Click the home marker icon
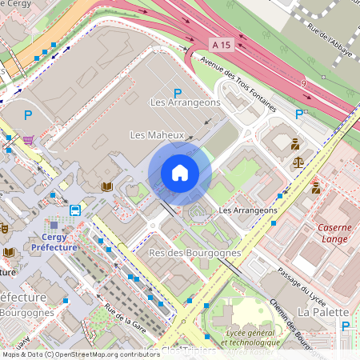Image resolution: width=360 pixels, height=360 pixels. click(x=180, y=172)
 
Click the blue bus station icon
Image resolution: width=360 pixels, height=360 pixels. click(x=75, y=210)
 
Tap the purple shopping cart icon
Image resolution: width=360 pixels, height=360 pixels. click(x=29, y=140)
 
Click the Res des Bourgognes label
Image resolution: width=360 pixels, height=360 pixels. click(x=194, y=253)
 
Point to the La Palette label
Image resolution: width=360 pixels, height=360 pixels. click(x=323, y=311)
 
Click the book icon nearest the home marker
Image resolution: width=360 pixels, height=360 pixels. click(x=106, y=186)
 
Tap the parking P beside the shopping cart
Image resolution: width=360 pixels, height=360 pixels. click(x=28, y=116)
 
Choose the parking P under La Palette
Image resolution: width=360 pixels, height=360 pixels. click(x=346, y=326)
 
